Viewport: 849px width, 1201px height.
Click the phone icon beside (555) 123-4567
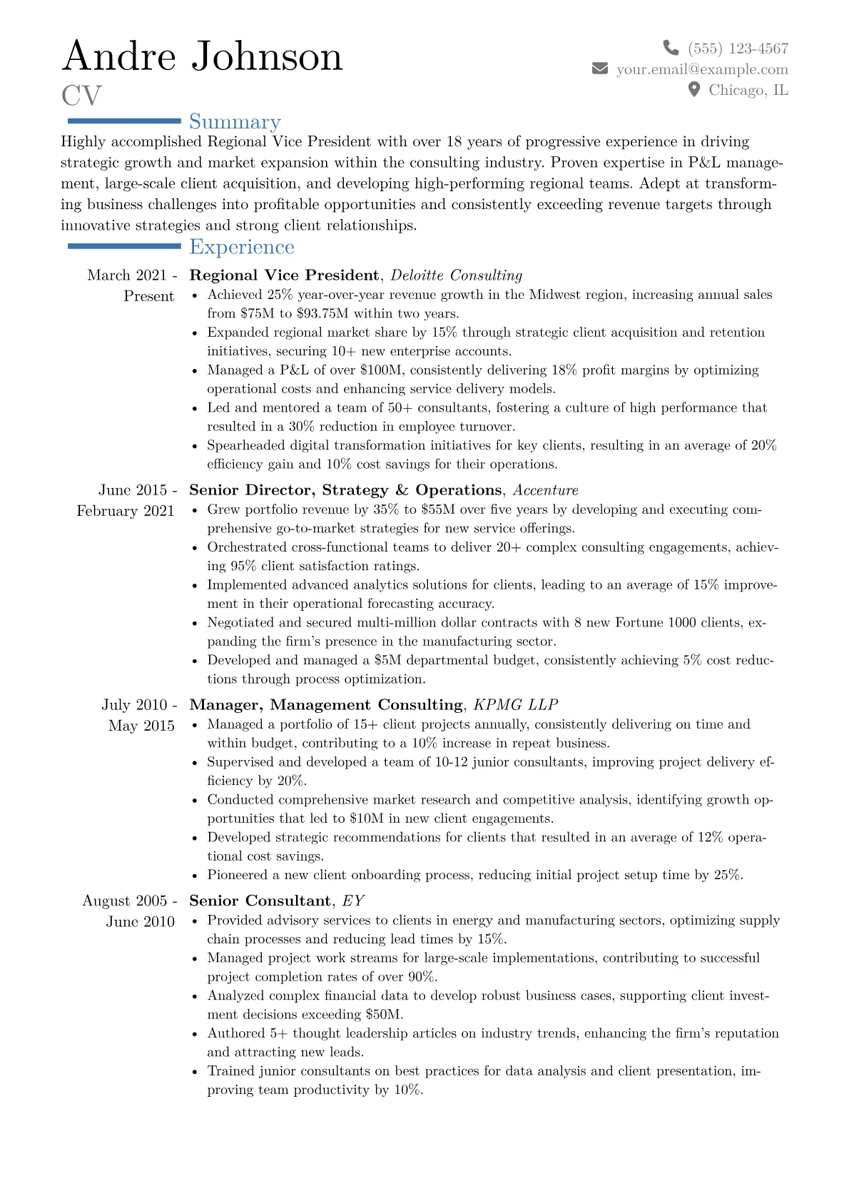click(x=671, y=48)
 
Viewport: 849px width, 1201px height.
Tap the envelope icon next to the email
click(x=600, y=69)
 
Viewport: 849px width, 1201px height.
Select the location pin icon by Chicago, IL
click(x=693, y=89)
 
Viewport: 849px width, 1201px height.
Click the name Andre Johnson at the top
click(x=203, y=56)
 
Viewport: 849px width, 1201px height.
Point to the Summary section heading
click(x=235, y=122)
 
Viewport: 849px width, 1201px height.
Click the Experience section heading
click(x=242, y=247)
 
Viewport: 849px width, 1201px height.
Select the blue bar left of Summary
click(x=124, y=121)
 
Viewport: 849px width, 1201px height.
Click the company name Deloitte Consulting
click(x=457, y=275)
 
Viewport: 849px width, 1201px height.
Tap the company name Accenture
click(x=546, y=490)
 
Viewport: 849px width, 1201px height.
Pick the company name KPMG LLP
click(x=516, y=705)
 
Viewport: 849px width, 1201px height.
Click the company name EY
click(x=353, y=901)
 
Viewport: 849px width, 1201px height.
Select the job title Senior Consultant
click(x=260, y=901)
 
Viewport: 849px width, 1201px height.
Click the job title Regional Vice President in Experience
click(x=284, y=275)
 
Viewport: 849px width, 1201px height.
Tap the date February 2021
click(x=126, y=511)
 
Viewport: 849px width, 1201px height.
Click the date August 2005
click(x=126, y=901)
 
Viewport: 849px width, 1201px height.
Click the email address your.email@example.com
click(x=702, y=69)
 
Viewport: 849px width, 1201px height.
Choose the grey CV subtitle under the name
click(x=81, y=96)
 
